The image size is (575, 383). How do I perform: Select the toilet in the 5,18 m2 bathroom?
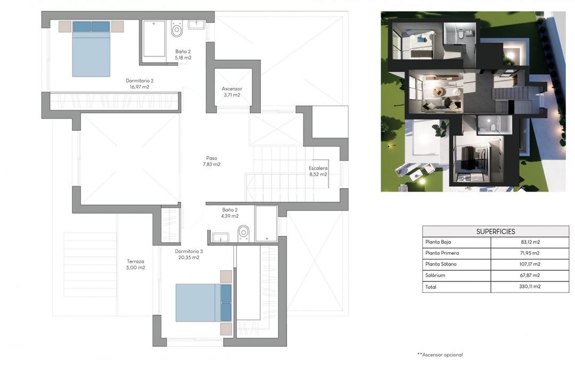coord(177,29)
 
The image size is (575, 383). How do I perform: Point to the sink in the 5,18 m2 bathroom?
coord(196,24)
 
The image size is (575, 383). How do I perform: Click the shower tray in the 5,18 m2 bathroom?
coord(154,38)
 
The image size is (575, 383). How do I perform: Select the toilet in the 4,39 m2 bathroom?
coord(244,233)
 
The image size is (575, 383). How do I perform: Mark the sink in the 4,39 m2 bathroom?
coord(220,237)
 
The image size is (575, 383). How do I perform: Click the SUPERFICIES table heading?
coord(495,231)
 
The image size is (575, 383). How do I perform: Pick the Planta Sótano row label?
coord(441,264)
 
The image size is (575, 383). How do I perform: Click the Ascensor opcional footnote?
coord(440,355)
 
